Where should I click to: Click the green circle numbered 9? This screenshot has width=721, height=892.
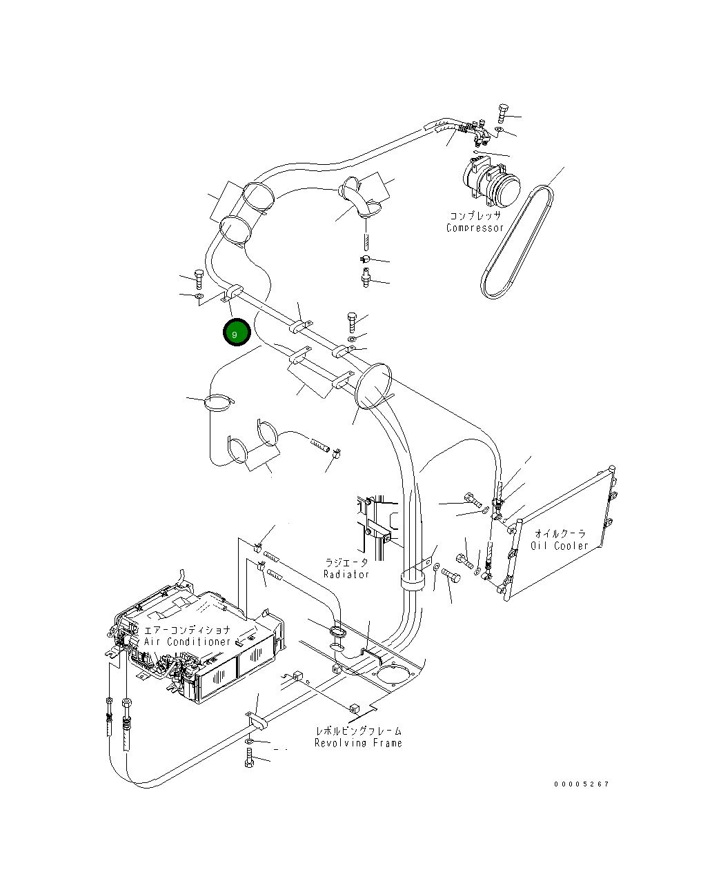(x=235, y=333)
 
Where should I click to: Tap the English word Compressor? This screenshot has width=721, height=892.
(x=475, y=228)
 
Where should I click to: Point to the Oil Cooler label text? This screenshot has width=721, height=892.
(x=560, y=545)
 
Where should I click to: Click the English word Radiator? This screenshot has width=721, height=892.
(x=346, y=574)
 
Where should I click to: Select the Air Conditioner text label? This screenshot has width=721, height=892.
(x=187, y=642)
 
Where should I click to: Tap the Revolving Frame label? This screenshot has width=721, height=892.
(x=357, y=743)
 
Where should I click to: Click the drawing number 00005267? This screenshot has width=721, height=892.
(x=581, y=784)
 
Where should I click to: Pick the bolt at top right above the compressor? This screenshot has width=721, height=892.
(x=502, y=112)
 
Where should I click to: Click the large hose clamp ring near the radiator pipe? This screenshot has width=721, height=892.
(x=373, y=387)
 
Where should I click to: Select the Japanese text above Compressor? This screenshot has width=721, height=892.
(x=475, y=216)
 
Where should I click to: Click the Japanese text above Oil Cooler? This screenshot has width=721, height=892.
(x=560, y=533)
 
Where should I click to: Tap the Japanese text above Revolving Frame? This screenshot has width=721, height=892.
(x=357, y=731)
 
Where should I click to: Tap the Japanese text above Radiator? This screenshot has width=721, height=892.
(x=346, y=563)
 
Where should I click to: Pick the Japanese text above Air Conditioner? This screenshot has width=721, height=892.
(x=187, y=630)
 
